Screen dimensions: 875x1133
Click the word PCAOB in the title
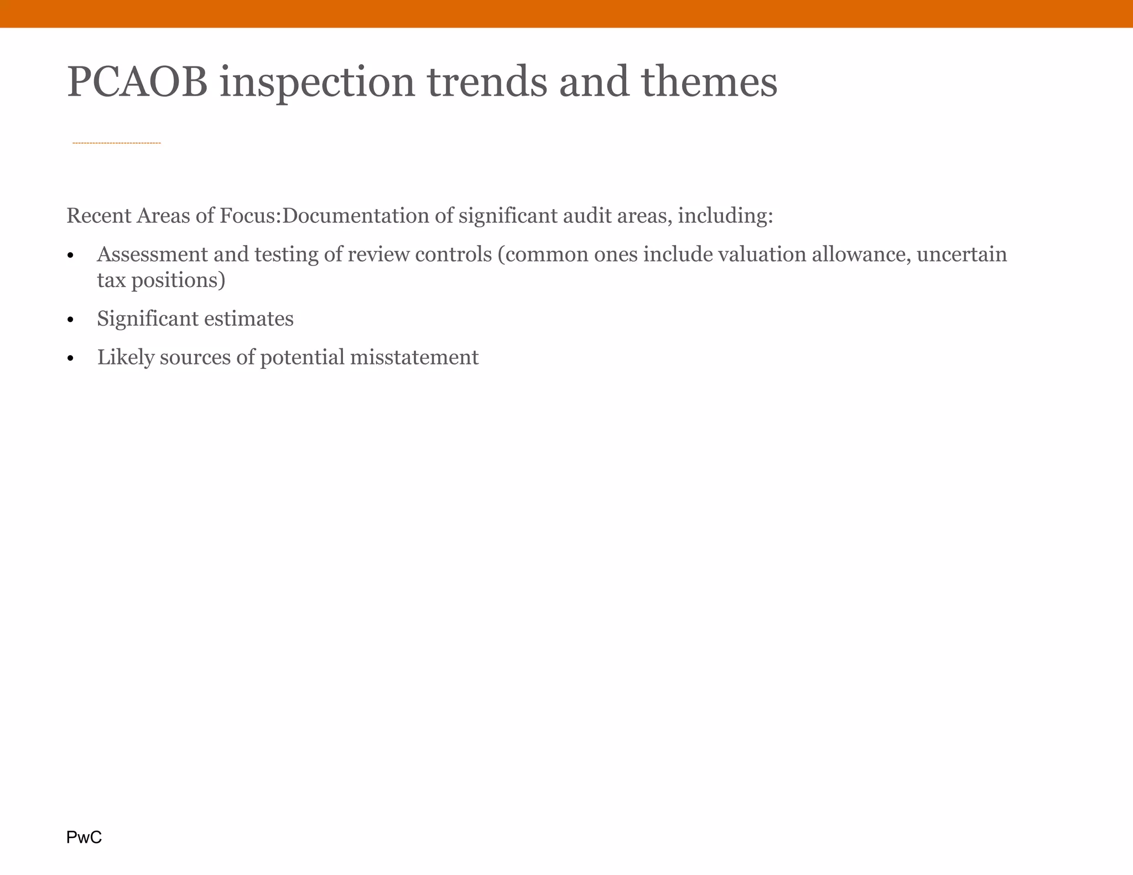[x=137, y=82]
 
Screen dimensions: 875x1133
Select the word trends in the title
[x=487, y=82]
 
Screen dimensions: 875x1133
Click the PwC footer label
[x=84, y=837]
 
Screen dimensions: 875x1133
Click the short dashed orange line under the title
[x=117, y=143]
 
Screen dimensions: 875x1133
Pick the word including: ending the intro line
[x=725, y=216]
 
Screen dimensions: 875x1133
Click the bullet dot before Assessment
[x=70, y=256]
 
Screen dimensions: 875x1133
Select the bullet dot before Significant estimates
[x=70, y=320]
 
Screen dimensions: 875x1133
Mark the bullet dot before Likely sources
[x=70, y=359]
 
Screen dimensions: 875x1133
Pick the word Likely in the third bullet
[x=126, y=357]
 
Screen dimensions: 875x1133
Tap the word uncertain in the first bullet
[x=962, y=254]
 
